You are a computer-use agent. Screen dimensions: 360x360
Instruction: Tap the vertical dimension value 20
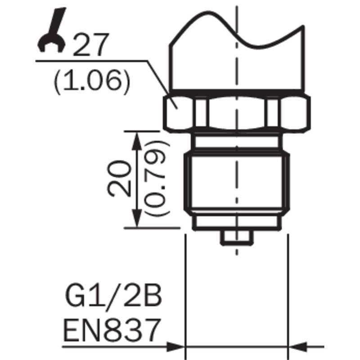(119, 179)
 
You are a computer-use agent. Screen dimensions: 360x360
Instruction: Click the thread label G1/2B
(114, 296)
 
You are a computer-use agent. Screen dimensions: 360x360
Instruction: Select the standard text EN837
(112, 329)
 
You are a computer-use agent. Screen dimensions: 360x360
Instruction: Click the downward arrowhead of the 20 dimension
(137, 219)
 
